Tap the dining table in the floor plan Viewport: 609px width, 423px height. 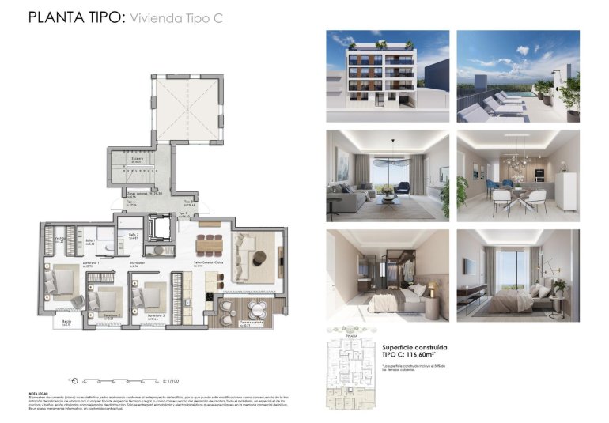click(x=210, y=243)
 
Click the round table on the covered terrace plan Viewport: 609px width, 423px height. click(x=255, y=308)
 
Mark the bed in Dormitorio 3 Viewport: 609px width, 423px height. click(x=149, y=298)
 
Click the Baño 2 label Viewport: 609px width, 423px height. click(x=134, y=236)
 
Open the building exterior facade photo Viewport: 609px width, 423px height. click(x=388, y=76)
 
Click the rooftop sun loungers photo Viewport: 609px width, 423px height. click(x=518, y=76)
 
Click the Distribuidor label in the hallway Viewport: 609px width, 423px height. click(x=139, y=264)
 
